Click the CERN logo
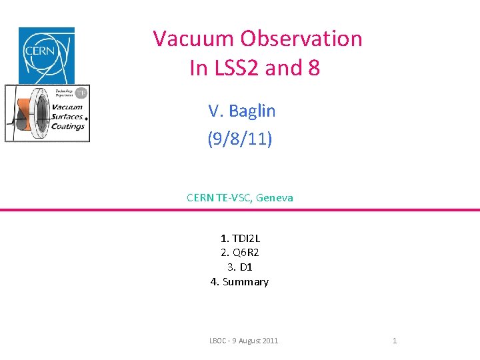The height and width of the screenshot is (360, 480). (46, 55)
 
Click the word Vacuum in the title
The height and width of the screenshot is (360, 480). (194, 39)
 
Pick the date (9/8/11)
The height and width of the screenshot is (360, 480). (240, 141)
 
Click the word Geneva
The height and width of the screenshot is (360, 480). (274, 197)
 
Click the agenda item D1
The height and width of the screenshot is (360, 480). (245, 267)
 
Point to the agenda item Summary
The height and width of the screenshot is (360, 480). (245, 282)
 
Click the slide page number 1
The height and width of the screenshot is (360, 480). (395, 341)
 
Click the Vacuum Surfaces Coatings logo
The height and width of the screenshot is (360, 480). (47, 113)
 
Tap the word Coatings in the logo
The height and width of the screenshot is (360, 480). (68, 127)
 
